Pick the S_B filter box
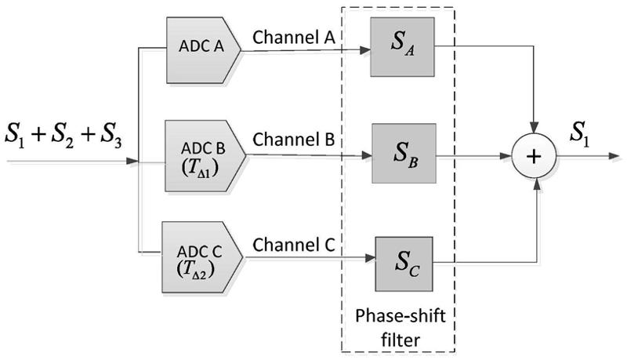pos(402,155)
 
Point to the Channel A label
pos(293,37)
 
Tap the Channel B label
pos(294,141)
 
